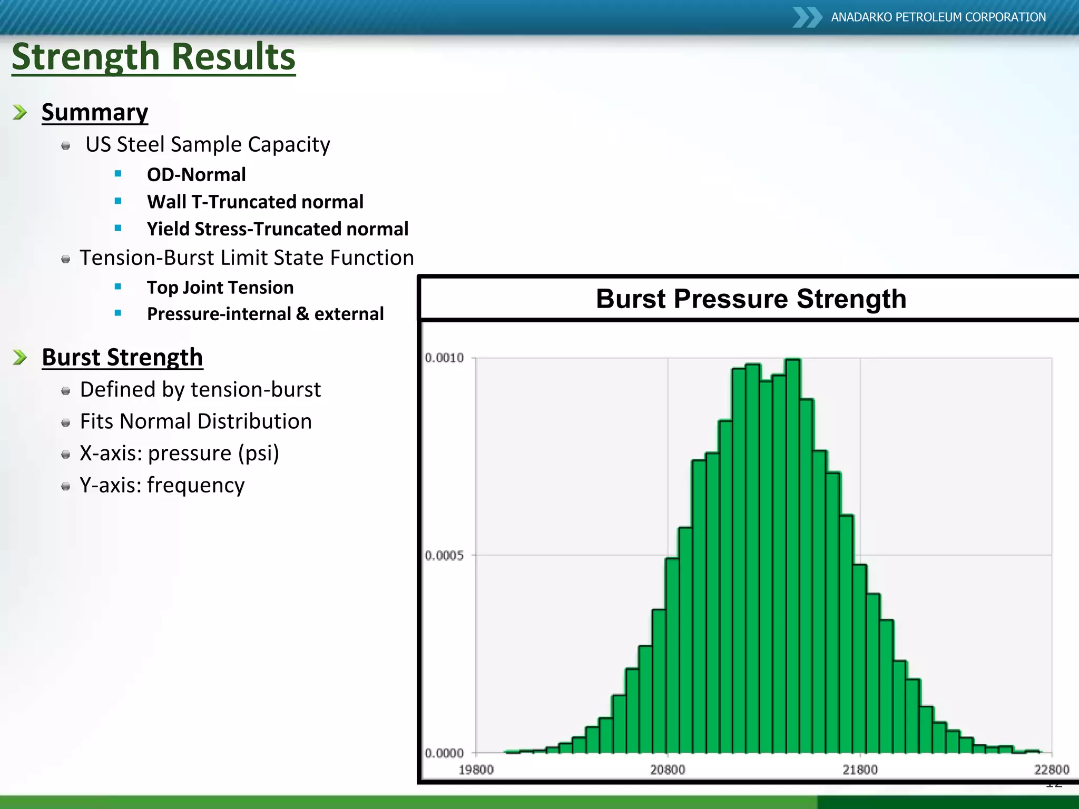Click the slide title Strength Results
point(153,56)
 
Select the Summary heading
point(95,112)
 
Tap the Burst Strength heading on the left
point(122,357)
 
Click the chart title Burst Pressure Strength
point(751,299)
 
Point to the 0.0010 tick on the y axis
point(444,358)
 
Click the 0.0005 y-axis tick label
point(444,556)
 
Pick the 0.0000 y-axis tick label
point(444,753)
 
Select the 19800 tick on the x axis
point(476,770)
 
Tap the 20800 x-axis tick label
point(668,770)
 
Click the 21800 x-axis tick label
point(860,770)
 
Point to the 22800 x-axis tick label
point(1052,770)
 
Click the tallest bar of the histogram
point(793,553)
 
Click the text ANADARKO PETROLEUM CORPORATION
point(938,17)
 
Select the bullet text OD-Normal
point(196,174)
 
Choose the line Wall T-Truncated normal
point(255,202)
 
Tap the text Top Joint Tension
point(220,288)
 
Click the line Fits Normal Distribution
point(195,421)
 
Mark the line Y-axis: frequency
point(162,485)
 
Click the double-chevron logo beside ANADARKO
point(807,17)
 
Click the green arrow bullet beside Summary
point(20,112)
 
